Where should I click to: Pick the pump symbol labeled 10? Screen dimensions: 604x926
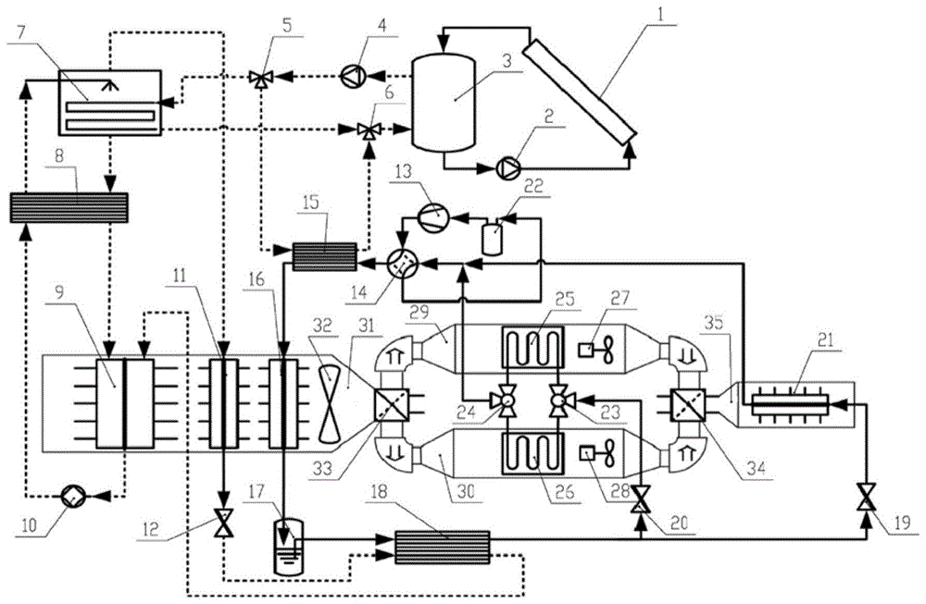71,496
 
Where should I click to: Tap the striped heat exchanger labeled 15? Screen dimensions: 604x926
323,256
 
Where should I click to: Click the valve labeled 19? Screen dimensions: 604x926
866,499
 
